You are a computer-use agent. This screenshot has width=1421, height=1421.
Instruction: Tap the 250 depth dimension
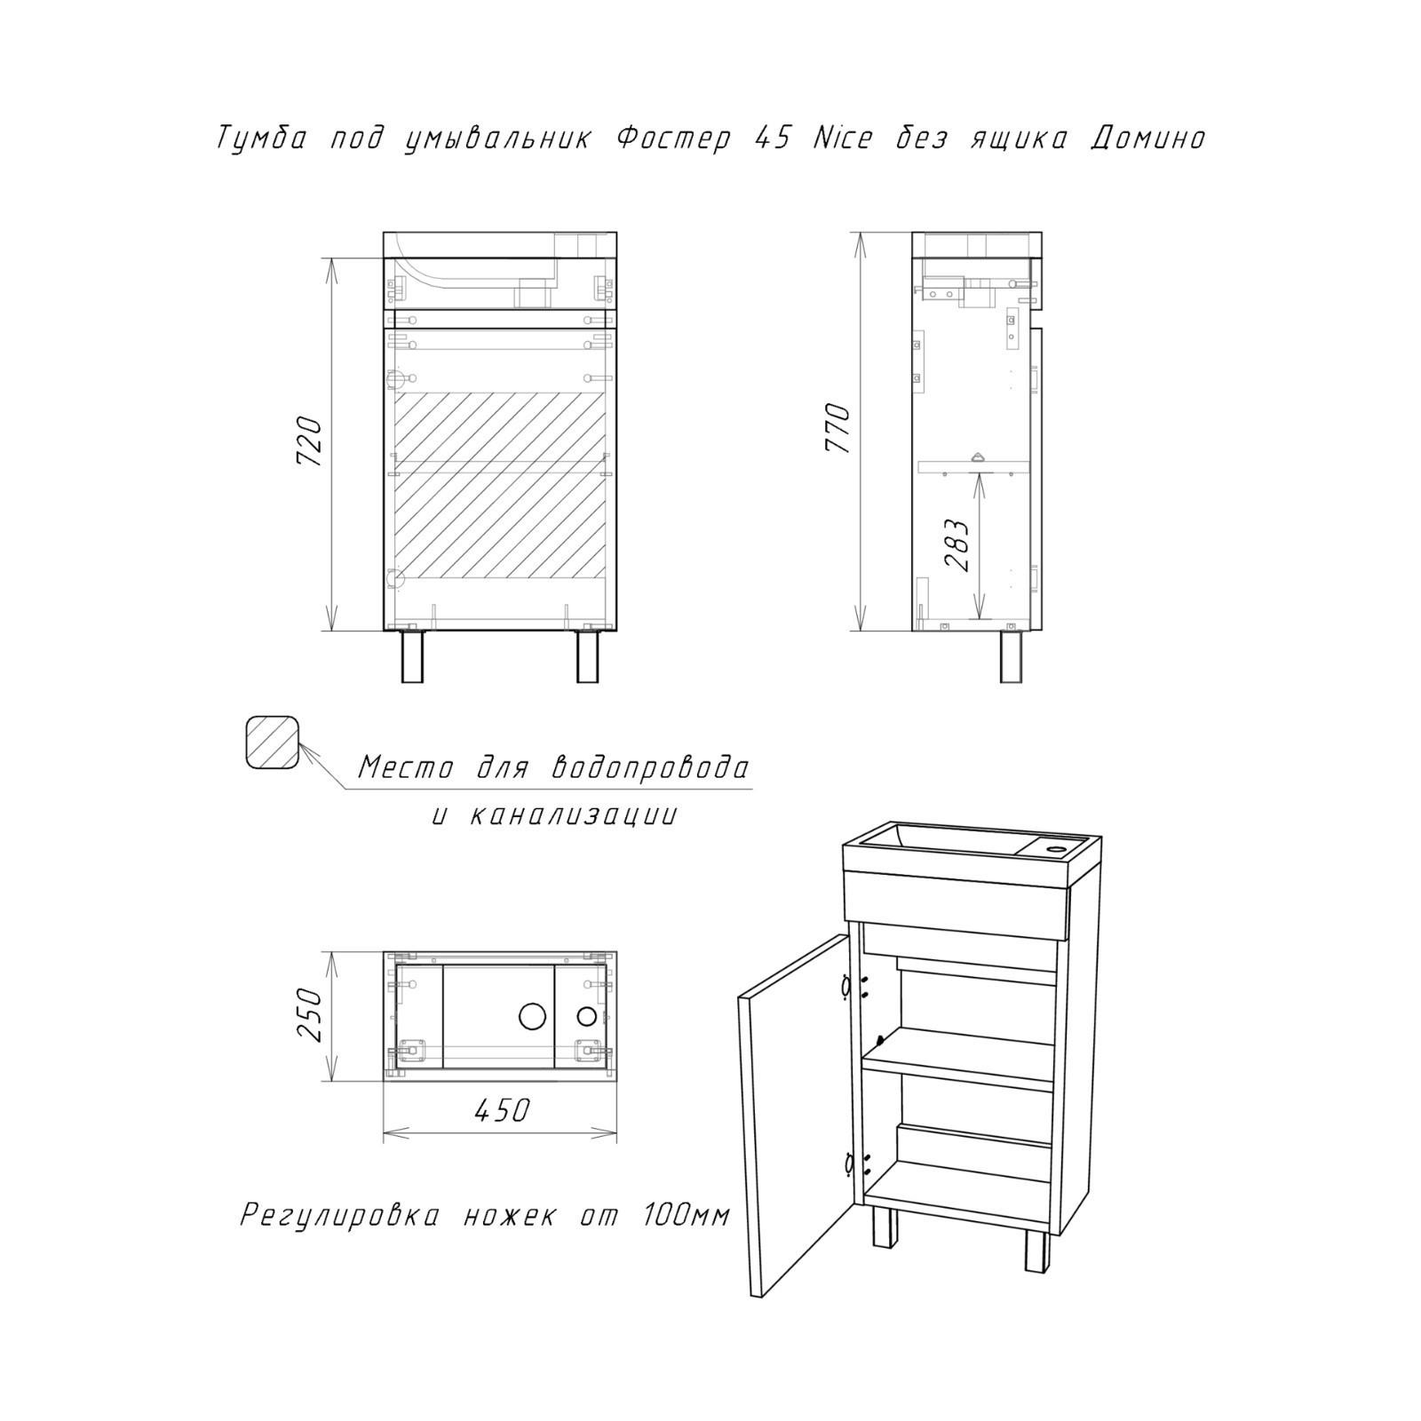pos(309,1015)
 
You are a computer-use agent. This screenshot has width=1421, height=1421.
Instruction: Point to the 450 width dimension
pos(501,1109)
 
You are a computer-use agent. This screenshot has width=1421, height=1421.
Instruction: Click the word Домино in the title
pos(1147,139)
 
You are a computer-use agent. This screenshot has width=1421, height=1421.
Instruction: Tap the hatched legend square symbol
pos(272,742)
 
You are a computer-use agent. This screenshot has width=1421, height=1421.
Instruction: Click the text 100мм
pos(685,1215)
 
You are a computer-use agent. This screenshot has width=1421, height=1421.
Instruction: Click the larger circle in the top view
pos(534,1015)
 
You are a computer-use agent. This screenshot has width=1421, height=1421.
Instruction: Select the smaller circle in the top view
pos(587,1015)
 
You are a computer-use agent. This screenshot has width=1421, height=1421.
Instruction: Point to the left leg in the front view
pos(411,657)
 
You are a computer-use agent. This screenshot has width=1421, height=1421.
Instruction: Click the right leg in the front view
pos(587,657)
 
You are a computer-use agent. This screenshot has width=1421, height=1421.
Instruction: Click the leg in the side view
pos(1009,657)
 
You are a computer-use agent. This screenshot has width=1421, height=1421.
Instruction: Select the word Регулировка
pos(339,1215)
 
